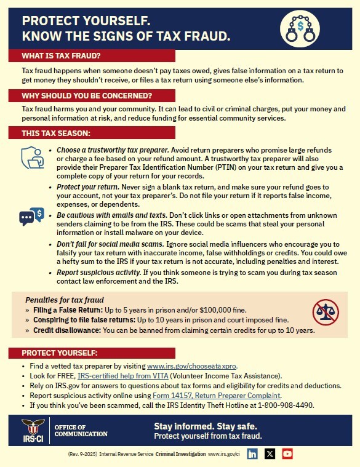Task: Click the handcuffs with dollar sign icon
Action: (300, 28)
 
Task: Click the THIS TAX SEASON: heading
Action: (56, 134)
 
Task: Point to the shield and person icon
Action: (33, 158)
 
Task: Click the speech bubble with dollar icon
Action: (32, 215)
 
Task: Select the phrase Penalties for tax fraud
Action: (60, 300)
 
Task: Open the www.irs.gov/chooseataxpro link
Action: (192, 365)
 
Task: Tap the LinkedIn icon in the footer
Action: (252, 454)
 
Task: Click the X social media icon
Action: (270, 454)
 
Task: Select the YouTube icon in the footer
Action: (287, 454)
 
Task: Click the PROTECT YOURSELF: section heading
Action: (59, 353)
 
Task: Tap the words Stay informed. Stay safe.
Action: (205, 426)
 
